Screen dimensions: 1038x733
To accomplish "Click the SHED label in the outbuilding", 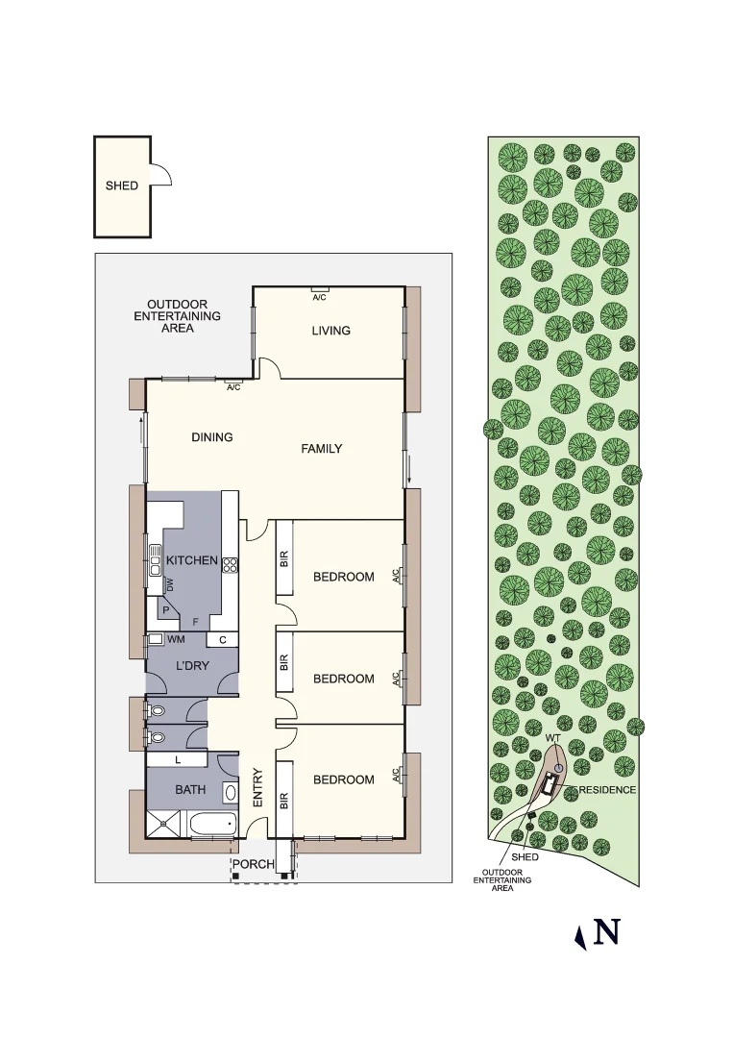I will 122,185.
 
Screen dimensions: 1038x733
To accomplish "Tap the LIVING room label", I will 330,331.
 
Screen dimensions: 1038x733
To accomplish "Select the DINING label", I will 212,437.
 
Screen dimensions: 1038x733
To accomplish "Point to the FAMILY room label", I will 322,449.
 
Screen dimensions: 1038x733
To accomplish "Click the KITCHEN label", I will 192,560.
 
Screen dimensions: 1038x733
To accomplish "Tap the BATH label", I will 190,790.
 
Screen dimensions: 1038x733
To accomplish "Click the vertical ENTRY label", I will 257,787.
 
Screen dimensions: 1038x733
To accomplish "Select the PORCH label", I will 254,864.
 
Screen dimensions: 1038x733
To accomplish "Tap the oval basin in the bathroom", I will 230,792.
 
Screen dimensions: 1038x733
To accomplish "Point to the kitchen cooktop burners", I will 231,565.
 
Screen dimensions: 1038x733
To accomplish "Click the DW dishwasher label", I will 170,584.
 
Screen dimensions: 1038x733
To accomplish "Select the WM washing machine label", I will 176,639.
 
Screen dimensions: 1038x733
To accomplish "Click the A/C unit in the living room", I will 320,290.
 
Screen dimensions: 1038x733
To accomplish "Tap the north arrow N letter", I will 606,932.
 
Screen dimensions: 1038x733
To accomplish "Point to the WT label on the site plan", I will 552,738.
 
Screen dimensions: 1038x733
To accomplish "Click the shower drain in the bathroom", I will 164,823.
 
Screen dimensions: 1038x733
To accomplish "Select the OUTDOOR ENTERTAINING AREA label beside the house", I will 177,316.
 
